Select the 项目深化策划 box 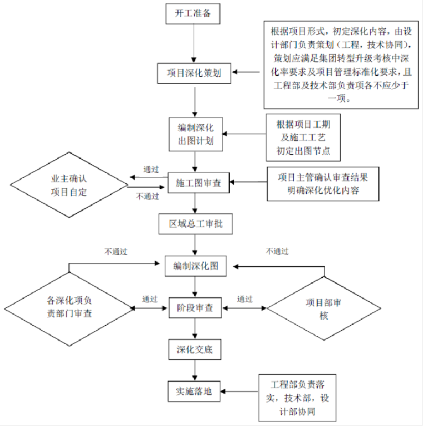coord(194,73)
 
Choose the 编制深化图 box coord(195,266)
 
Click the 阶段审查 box coord(195,307)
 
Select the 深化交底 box coord(194,350)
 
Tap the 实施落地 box coord(194,391)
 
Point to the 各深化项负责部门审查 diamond coord(69,307)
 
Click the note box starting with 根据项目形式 coord(341,64)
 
